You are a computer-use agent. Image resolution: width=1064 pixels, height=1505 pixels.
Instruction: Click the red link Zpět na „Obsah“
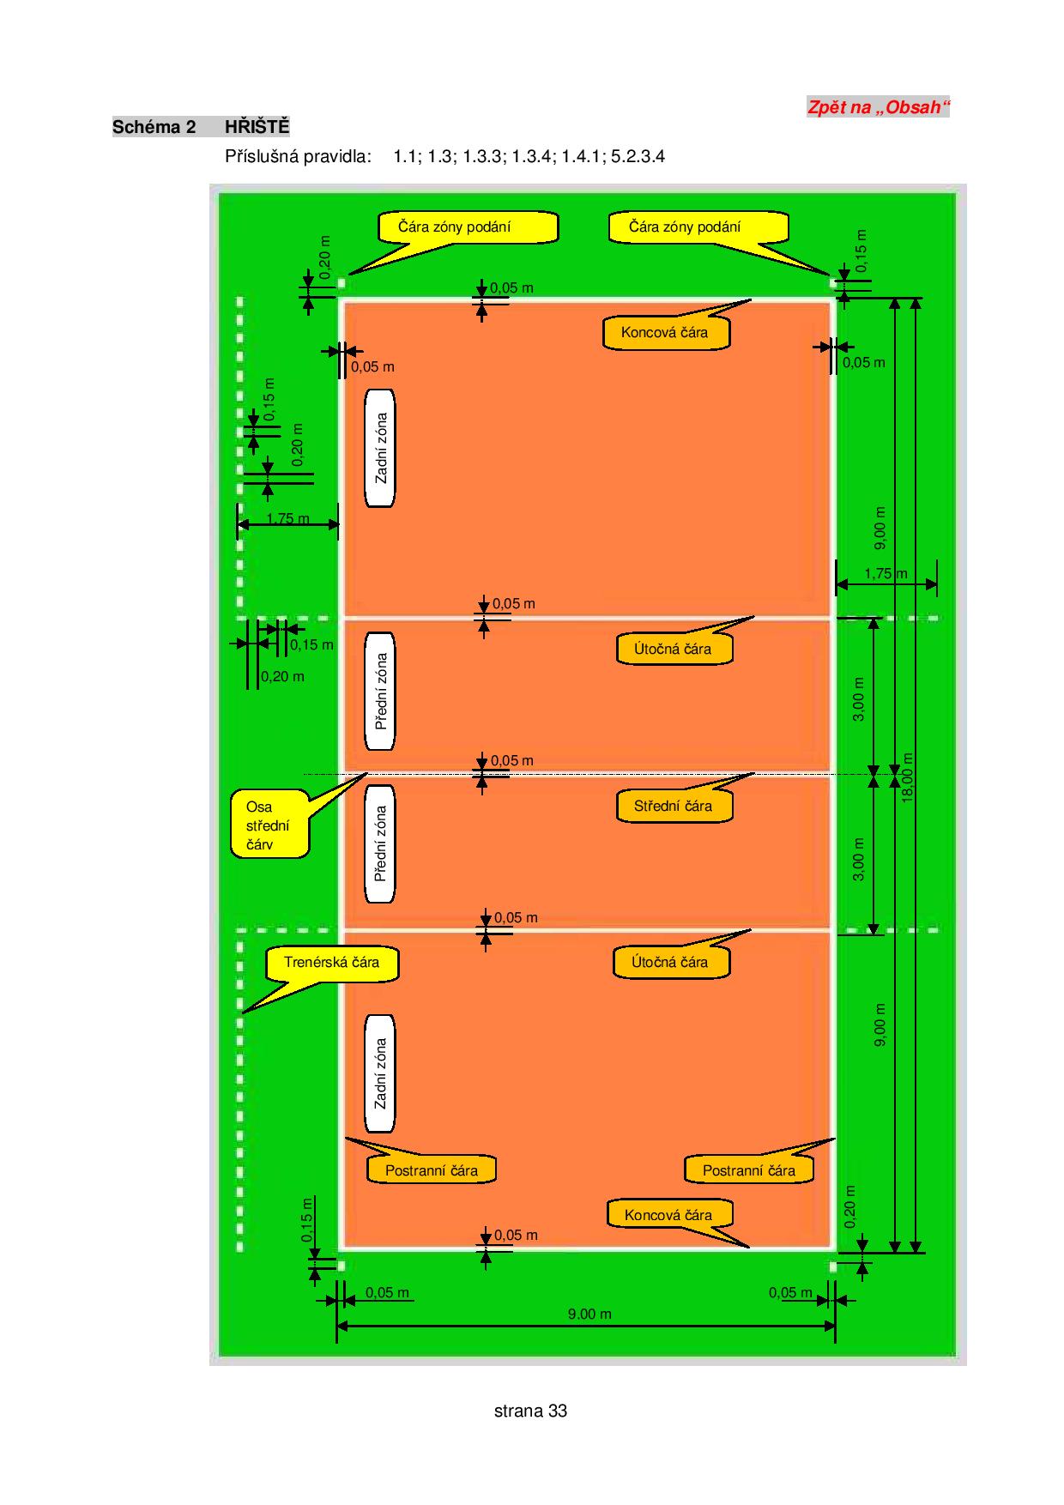click(878, 107)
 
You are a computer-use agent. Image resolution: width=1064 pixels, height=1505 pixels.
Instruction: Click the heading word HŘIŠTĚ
click(257, 127)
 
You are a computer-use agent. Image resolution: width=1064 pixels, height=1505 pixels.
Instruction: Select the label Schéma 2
click(154, 127)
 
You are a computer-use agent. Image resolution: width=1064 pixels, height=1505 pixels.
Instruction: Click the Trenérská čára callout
click(332, 963)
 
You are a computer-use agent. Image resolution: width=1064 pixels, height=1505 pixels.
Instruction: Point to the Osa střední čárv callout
click(269, 825)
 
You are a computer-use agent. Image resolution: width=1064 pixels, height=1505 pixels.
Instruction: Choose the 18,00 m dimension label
click(908, 777)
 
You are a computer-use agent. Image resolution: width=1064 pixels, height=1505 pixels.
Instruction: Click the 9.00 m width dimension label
click(589, 1314)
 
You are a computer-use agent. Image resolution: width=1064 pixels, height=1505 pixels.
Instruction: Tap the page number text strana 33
click(530, 1411)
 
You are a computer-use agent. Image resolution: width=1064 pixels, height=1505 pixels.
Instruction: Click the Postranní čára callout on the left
click(432, 1170)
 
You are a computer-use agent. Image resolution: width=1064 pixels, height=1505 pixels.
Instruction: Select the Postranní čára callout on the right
click(749, 1170)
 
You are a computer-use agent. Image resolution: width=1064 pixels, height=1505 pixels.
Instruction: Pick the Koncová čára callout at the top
click(666, 332)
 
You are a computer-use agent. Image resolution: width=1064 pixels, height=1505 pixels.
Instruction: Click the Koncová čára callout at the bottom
click(669, 1215)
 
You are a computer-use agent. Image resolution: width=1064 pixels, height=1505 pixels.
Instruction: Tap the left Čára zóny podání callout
click(468, 227)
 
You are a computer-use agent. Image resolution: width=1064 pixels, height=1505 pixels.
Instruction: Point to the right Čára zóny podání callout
click(698, 227)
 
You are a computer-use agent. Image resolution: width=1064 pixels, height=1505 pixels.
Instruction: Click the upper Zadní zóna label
click(381, 448)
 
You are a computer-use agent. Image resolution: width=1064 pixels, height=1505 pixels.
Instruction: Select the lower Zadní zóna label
click(381, 1073)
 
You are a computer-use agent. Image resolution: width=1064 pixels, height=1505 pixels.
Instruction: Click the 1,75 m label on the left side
click(287, 518)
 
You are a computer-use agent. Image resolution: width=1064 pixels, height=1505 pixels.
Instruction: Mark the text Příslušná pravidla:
click(298, 156)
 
